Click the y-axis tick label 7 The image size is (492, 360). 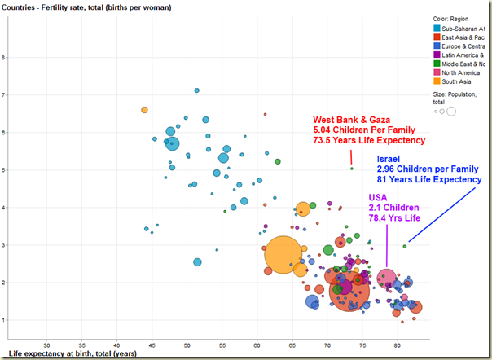click(26, 94)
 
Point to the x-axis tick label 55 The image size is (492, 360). click(222, 344)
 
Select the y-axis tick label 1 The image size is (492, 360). click(26, 319)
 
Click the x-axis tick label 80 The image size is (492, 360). click(397, 344)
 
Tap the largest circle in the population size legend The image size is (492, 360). click(450, 110)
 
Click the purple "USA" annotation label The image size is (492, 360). click(380, 197)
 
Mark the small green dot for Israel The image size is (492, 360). click(405, 246)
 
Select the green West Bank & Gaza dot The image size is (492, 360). click(352, 169)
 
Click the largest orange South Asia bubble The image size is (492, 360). click(282, 254)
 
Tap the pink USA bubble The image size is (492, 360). click(387, 279)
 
